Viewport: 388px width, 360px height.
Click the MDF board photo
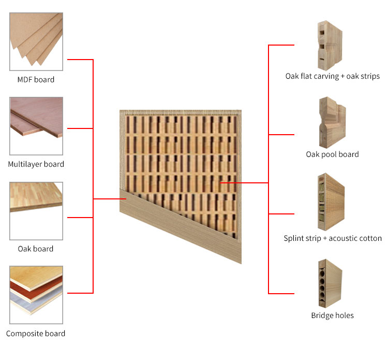36,41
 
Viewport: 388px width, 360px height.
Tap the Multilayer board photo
36,126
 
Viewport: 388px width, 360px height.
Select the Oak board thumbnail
36,211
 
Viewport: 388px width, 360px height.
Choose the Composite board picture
36,295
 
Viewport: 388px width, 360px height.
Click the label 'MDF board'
36,80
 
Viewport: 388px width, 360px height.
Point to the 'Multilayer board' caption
36,164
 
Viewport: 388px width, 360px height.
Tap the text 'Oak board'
36,249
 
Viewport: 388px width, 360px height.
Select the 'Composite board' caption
36,334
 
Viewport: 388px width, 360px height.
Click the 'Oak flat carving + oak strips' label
333,76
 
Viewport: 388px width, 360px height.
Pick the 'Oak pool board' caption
332,154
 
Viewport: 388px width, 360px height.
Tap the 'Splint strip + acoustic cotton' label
333,238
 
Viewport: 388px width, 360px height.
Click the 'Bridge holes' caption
332,315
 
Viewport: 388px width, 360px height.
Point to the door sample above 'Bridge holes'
331,283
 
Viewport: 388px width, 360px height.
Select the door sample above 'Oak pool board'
332,122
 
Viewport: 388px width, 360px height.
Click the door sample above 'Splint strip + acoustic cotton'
331,202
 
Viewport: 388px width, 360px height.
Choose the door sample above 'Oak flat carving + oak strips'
330,46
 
